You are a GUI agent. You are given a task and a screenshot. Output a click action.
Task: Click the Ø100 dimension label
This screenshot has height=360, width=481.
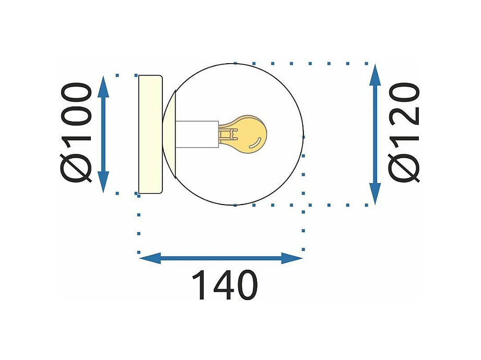[76, 133]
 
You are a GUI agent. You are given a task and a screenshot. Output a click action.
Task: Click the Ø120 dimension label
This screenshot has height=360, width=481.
[405, 133]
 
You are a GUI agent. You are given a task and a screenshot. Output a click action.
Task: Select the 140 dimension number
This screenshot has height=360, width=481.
[225, 285]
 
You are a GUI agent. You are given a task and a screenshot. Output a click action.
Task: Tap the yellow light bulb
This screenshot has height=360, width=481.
[248, 133]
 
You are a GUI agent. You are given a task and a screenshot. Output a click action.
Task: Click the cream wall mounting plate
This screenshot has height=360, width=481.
[150, 134]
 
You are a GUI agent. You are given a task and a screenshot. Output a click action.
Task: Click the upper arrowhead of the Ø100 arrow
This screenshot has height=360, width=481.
[103, 87]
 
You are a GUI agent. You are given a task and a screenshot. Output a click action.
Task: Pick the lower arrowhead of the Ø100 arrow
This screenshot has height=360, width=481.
[103, 183]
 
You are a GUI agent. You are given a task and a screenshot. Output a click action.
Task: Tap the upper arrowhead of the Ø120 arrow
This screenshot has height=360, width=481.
[375, 74]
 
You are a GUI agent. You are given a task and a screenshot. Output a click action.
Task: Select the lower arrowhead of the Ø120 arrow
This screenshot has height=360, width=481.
[375, 194]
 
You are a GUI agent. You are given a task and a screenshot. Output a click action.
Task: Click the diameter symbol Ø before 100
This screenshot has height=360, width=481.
[76, 167]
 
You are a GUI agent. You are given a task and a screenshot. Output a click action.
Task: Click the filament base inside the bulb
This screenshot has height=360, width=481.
[226, 135]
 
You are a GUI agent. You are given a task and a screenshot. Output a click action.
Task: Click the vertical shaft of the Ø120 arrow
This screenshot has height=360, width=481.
[375, 134]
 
